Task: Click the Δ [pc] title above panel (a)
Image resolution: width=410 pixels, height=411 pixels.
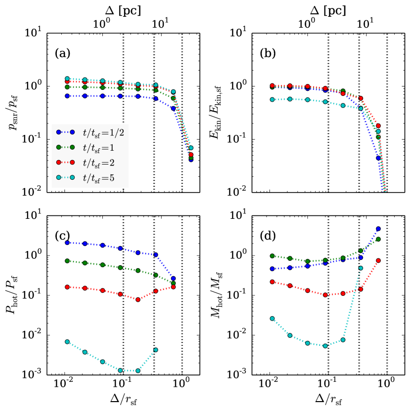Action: (x=124, y=8)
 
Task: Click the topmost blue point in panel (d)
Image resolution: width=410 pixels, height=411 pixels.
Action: (x=378, y=229)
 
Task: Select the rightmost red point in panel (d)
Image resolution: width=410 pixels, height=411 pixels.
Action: (x=378, y=260)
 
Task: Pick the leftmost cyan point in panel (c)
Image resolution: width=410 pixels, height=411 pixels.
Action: (x=67, y=342)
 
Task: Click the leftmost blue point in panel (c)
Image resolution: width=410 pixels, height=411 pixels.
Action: (x=67, y=243)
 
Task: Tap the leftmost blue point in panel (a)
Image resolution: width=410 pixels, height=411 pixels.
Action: (x=67, y=96)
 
